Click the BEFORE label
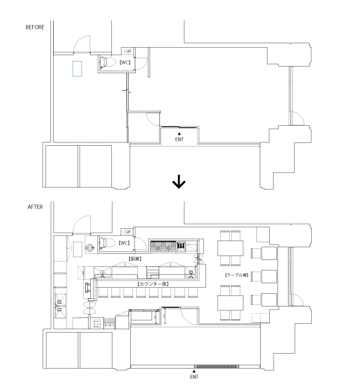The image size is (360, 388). (x=34, y=27)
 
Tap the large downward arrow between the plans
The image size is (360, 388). (x=179, y=182)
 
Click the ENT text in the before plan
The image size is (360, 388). (x=179, y=140)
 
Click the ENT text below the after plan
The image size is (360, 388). (x=193, y=376)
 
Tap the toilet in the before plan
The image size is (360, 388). (x=109, y=63)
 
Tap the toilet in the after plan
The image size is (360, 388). (x=107, y=242)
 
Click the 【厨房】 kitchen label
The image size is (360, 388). (x=136, y=258)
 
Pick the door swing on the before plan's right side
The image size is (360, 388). (x=296, y=118)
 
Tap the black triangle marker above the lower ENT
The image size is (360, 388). (x=193, y=371)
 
